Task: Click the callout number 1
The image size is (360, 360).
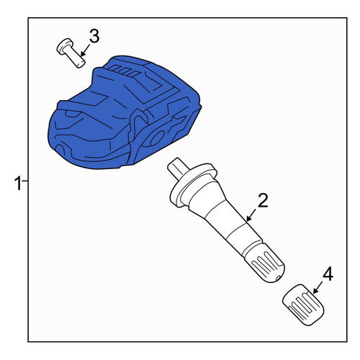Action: coord(18,184)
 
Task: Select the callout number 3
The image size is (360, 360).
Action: coord(94,36)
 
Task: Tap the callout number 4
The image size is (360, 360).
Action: coord(328,274)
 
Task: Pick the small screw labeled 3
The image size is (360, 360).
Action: coord(71,53)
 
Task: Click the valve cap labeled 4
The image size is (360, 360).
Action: coord(303,305)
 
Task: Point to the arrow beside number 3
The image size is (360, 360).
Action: coord(85,50)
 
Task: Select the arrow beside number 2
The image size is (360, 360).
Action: coord(251,215)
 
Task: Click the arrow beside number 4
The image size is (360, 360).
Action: coord(318,287)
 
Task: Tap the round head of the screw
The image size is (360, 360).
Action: coord(64,45)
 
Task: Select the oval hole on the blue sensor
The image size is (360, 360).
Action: coord(156,139)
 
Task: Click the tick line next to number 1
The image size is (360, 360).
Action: coord(25,180)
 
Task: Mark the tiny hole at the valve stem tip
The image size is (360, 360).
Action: coord(278,278)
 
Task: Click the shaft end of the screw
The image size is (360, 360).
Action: coord(80,63)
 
